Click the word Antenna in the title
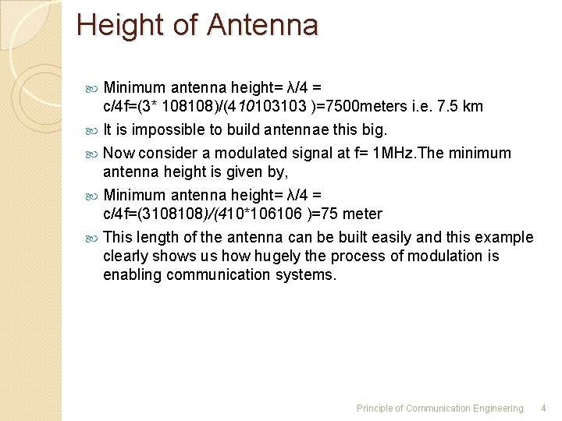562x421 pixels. (x=263, y=26)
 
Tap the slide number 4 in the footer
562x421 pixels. (x=544, y=408)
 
